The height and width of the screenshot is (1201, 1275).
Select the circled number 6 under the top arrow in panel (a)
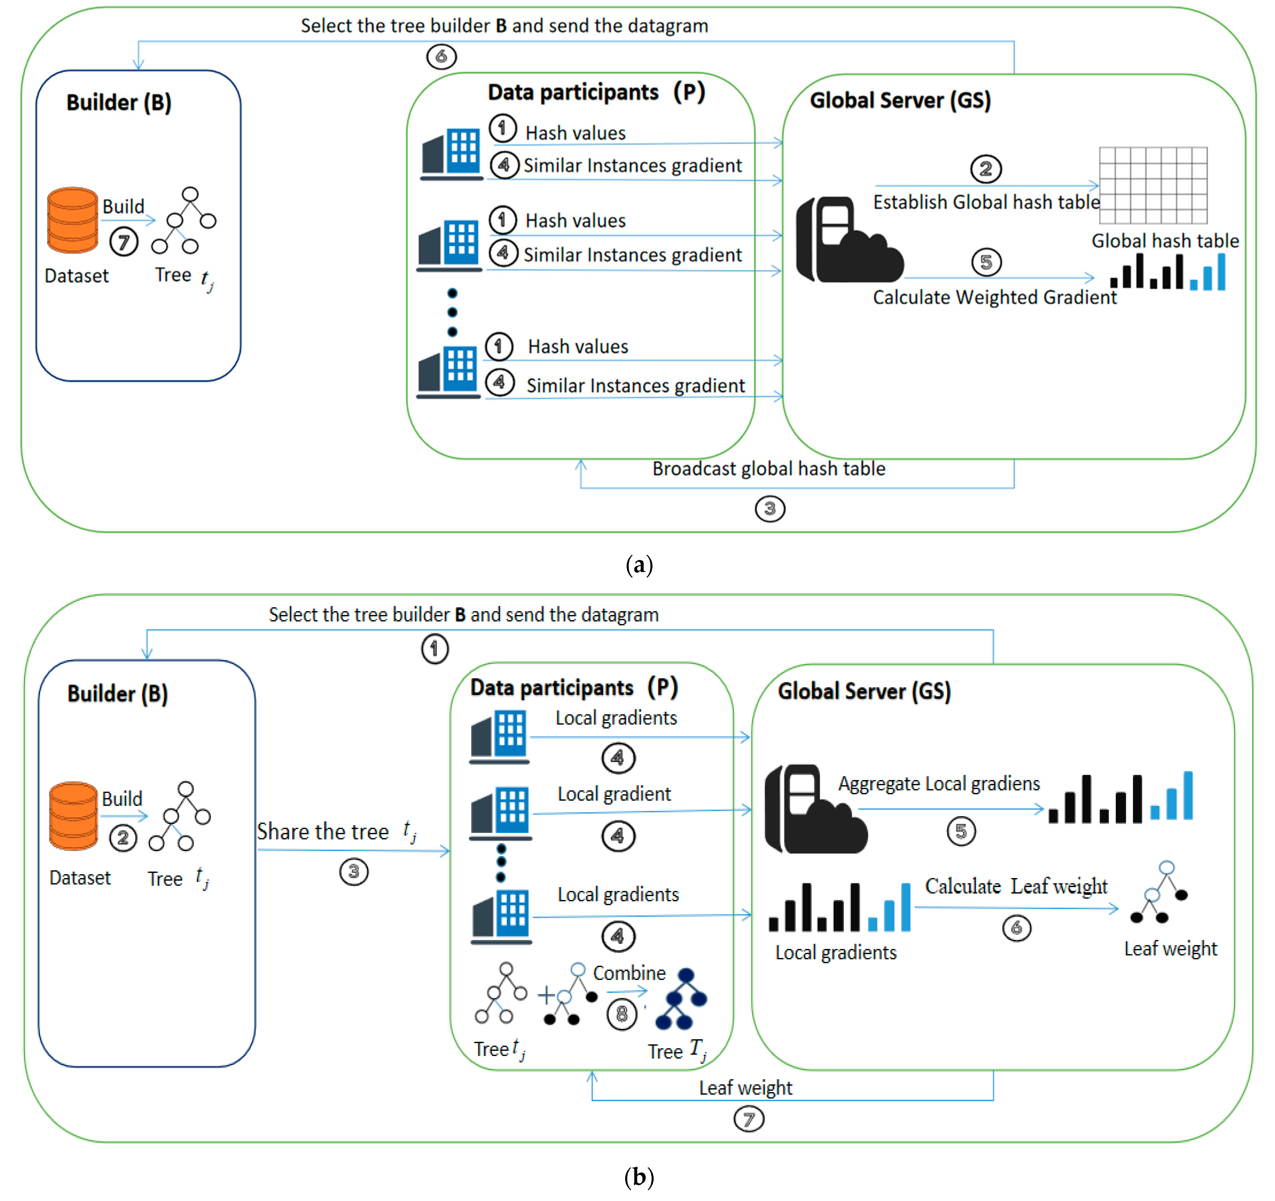point(441,56)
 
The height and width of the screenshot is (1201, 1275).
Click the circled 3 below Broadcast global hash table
point(770,509)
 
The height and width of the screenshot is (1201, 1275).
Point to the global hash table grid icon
point(1152,185)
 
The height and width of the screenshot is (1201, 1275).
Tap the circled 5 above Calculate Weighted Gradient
point(986,262)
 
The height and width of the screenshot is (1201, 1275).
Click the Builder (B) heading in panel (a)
point(119,103)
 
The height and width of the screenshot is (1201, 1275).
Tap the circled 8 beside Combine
point(621,1014)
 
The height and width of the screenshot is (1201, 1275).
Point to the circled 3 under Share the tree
point(353,871)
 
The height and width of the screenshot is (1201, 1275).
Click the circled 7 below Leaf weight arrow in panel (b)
point(748,1119)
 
